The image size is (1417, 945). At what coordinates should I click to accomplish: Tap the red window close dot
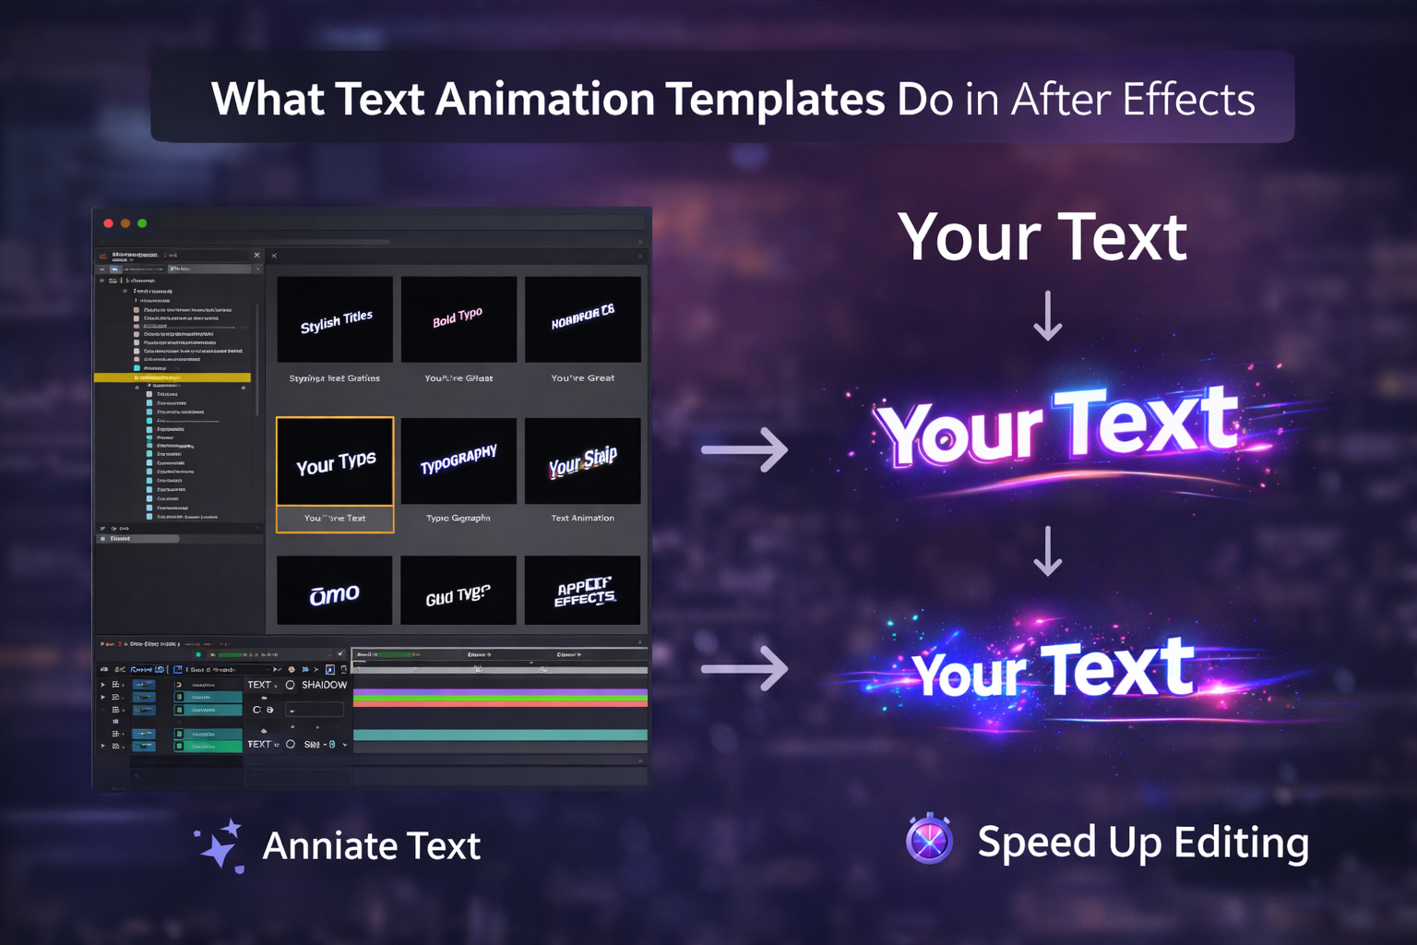tap(108, 223)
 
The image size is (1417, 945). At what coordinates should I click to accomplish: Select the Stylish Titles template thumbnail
tap(335, 319)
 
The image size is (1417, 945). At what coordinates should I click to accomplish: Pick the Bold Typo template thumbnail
tap(458, 319)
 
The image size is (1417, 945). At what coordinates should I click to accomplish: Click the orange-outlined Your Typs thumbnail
tap(335, 461)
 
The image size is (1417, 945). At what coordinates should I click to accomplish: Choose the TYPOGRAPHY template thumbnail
tap(458, 460)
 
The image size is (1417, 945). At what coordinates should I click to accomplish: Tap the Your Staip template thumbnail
tap(582, 461)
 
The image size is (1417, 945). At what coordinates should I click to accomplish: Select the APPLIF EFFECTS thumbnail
tap(582, 591)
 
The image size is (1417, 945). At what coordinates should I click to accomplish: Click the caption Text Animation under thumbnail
tap(582, 518)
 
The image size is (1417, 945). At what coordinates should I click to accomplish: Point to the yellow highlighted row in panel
tap(173, 377)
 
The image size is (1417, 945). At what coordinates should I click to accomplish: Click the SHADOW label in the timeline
tap(324, 685)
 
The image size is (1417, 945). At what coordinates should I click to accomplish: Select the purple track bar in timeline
tap(500, 691)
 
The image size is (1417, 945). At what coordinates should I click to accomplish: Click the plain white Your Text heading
tap(1042, 237)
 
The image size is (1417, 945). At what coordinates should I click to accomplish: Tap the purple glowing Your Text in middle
tap(1057, 426)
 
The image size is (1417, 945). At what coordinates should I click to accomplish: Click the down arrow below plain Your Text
tap(1047, 317)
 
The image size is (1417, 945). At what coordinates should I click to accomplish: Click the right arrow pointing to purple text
tap(745, 450)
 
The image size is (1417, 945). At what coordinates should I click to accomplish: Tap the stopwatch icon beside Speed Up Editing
tap(929, 840)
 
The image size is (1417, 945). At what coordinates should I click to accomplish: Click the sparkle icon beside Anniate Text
tap(220, 845)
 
